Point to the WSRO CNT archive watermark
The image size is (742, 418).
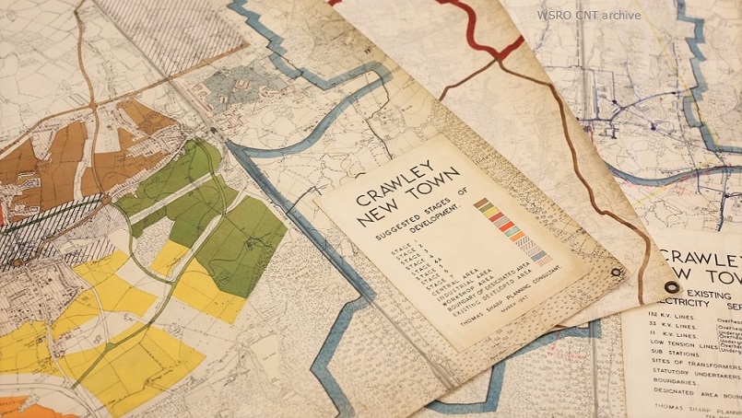pos(589,15)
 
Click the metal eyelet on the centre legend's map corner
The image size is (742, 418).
pos(617,272)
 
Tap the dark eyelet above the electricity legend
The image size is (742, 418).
pos(671,287)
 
